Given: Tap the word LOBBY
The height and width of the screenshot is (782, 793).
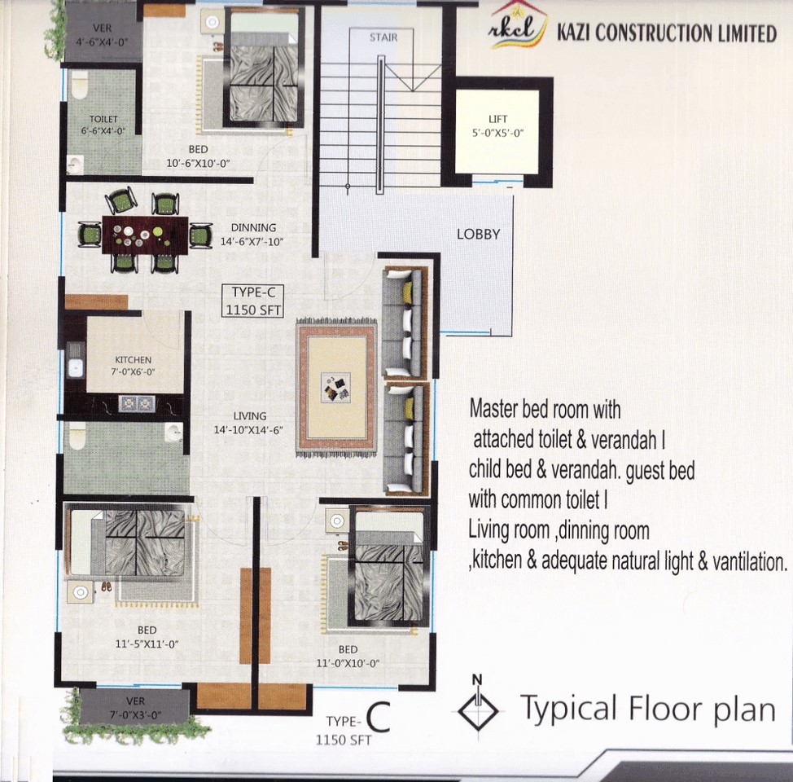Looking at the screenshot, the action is [x=479, y=235].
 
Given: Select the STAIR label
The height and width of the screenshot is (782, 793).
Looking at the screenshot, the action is [x=383, y=37].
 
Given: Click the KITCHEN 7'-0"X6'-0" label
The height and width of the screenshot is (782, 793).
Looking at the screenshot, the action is [x=133, y=366].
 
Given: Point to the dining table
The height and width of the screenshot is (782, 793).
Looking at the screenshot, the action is [x=145, y=235].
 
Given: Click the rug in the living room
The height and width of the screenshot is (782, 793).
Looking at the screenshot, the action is [x=337, y=389].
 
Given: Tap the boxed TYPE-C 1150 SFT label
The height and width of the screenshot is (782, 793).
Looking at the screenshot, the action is [x=253, y=301].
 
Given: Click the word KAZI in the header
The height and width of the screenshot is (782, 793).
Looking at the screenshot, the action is [x=573, y=33].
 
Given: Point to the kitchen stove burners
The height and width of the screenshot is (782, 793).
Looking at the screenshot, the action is [x=137, y=403].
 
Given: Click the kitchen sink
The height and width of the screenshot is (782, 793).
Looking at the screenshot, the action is [x=75, y=367].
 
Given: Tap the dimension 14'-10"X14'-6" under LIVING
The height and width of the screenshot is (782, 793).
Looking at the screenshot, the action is [x=248, y=430].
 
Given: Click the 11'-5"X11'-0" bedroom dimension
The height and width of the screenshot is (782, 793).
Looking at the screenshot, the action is [x=147, y=644].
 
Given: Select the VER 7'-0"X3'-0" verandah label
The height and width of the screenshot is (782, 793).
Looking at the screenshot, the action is [x=135, y=708].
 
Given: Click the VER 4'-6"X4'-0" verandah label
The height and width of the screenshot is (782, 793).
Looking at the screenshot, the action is [x=102, y=35].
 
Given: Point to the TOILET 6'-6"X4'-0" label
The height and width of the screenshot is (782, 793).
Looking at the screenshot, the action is [x=103, y=125].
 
